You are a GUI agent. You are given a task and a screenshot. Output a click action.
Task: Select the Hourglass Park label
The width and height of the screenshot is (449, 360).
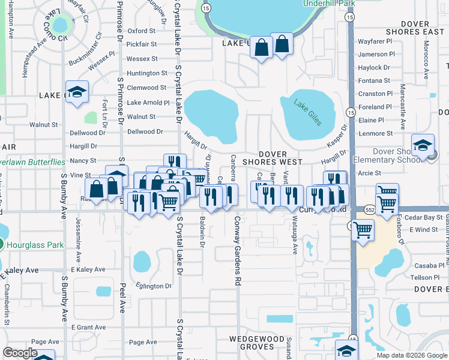point(35,245)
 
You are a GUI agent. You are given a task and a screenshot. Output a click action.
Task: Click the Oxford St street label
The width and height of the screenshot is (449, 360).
point(142,31)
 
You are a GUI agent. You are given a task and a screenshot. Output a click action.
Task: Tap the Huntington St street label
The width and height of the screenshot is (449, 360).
point(147,73)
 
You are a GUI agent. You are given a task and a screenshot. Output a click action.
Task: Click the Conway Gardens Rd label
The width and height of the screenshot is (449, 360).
point(238,250)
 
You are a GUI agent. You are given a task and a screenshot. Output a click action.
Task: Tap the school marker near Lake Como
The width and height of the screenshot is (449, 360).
point(76,92)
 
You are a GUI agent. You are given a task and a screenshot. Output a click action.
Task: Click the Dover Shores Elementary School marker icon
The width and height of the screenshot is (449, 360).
point(423,146)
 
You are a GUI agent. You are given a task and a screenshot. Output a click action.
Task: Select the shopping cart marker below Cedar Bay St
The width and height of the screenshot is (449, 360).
point(363,229)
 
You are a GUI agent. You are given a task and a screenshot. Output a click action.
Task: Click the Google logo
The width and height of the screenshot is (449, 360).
point(20,353)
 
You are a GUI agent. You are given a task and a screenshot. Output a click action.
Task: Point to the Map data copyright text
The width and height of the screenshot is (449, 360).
point(412,355)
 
